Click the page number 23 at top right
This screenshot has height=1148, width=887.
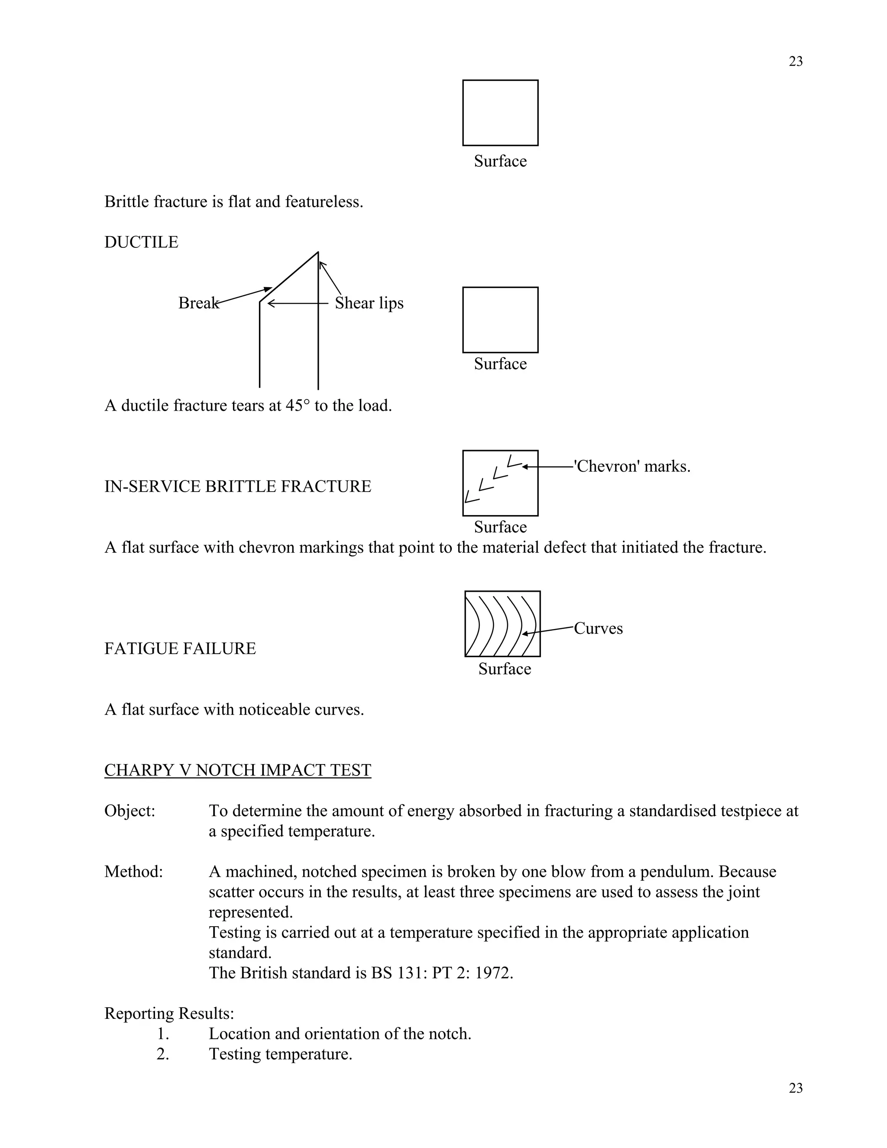795,62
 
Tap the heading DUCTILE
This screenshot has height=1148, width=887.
141,242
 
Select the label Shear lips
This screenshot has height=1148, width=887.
369,303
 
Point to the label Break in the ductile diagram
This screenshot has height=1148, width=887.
198,303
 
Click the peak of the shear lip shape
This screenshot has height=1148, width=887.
318,253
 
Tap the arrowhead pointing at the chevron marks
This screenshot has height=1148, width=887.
525,467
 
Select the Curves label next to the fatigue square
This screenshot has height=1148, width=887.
598,628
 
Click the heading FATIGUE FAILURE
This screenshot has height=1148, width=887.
180,649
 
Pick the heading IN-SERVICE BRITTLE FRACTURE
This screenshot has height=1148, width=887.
237,486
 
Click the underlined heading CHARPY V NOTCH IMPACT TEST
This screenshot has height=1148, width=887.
237,770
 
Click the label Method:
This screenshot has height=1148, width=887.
133,872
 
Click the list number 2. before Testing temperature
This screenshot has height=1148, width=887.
163,1054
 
